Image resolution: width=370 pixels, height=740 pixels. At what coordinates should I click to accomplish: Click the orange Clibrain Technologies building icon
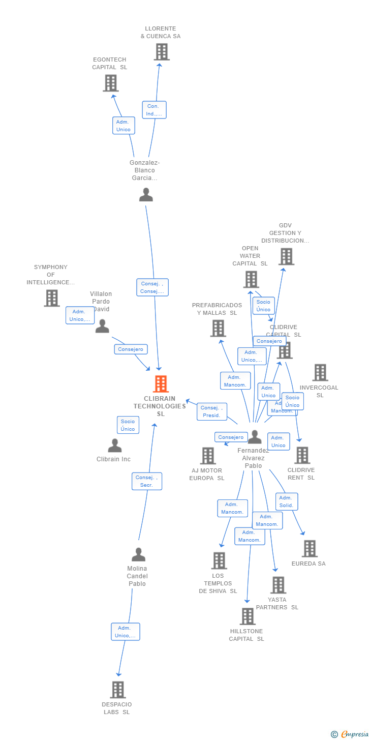click(x=161, y=384)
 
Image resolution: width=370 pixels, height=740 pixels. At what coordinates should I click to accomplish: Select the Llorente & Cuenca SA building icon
click(x=162, y=52)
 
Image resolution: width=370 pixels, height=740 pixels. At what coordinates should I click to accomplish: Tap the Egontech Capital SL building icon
click(x=110, y=83)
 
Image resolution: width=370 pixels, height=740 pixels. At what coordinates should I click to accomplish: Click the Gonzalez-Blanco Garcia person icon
click(x=146, y=195)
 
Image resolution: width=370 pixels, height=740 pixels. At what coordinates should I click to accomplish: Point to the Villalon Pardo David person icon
click(x=102, y=327)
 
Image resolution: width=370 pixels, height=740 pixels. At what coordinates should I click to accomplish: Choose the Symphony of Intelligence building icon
click(x=52, y=298)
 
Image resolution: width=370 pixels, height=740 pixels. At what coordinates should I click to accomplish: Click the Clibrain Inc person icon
click(x=115, y=446)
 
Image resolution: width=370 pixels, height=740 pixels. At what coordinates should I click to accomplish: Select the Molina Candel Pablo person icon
click(x=138, y=554)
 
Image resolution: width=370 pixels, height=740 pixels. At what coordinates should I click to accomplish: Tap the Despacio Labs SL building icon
click(x=118, y=690)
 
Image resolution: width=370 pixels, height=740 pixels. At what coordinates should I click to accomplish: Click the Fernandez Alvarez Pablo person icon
click(x=254, y=437)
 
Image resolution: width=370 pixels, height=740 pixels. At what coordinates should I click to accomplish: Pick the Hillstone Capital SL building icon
click(x=248, y=616)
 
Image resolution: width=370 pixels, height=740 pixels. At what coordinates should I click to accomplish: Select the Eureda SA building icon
click(x=310, y=549)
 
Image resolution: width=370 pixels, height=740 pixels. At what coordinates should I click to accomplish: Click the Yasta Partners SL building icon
click(x=278, y=585)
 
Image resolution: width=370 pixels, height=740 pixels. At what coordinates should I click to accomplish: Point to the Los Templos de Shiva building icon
click(x=219, y=560)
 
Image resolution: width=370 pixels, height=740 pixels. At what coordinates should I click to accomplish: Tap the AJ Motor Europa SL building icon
click(x=208, y=456)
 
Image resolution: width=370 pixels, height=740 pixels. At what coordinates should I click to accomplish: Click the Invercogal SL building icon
click(x=320, y=373)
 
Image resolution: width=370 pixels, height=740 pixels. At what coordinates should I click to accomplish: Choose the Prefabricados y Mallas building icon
click(x=218, y=329)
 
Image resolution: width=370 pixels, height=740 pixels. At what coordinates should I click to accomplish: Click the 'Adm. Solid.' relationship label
click(x=287, y=501)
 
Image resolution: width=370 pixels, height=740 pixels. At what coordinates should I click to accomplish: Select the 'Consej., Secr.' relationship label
click(x=147, y=481)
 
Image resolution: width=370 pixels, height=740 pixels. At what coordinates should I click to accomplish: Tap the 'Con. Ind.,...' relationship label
click(x=154, y=110)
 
